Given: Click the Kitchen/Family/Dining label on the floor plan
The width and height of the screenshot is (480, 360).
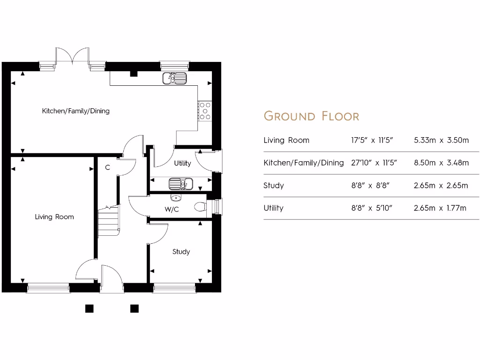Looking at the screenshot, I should pos(75,111).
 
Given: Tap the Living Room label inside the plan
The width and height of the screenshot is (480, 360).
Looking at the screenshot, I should pos(54,217).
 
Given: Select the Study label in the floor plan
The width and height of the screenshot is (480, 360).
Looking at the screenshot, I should pos(181,252).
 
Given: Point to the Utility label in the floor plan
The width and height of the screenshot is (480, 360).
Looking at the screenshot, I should pos(182,163).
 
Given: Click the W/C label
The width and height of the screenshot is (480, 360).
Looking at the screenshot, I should pos(172,209).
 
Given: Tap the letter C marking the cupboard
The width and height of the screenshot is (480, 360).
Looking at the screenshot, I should pos(107,167).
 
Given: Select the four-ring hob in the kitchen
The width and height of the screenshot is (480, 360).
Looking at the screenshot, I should pos(205,111).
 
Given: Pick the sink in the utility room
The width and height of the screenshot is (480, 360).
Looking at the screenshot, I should pos(180,183).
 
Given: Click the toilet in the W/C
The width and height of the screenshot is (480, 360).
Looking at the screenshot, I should pos(200,206).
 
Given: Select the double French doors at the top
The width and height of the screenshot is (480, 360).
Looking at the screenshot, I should pos(72,56).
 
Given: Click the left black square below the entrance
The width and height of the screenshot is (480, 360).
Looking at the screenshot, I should pos(89,308).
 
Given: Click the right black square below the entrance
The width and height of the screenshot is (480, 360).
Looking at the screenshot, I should pos(135,308).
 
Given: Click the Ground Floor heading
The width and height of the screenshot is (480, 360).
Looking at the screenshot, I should pos(311,116).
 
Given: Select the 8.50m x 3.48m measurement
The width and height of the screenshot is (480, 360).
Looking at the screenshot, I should pos(441,163).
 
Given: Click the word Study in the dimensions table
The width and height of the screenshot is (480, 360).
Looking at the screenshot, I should pos(274,185).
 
